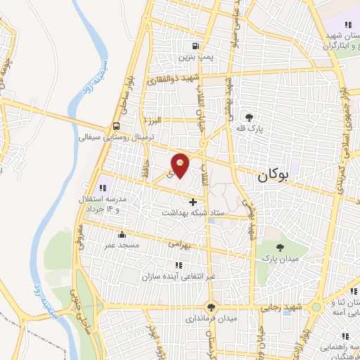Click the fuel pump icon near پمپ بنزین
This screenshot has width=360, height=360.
pos(185,46)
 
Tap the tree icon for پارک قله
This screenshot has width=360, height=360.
pos(247,117)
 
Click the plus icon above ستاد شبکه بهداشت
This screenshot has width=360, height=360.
pos(193,202)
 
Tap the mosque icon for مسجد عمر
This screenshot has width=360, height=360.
pos(123,235)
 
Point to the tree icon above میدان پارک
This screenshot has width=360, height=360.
pos(280,247)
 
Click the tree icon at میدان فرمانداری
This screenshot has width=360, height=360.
pos(210,307)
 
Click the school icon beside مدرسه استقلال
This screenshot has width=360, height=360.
pos(103,188)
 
